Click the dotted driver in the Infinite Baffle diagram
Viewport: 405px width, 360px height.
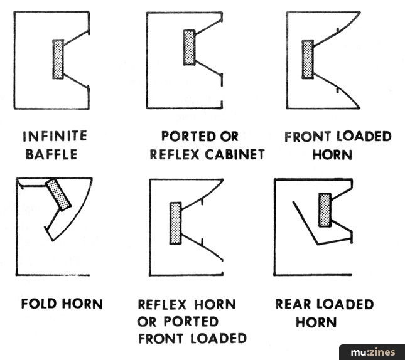pyautogui.click(x=58, y=59)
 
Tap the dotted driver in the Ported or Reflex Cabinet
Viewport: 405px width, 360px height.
pyautogui.click(x=190, y=48)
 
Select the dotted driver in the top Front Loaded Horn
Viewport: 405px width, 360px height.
pyautogui.click(x=308, y=59)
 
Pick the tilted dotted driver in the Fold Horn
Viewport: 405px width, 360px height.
pyautogui.click(x=58, y=195)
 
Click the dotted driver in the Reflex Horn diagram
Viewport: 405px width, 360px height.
pyautogui.click(x=175, y=223)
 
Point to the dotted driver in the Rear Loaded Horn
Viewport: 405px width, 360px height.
pyautogui.click(x=325, y=210)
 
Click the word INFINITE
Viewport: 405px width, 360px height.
pyautogui.click(x=55, y=136)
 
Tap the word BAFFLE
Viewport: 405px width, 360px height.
pyautogui.click(x=51, y=154)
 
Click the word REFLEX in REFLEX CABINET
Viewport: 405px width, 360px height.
pyautogui.click(x=175, y=154)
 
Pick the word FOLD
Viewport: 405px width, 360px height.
pyautogui.click(x=39, y=304)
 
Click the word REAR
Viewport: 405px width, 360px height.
pyautogui.click(x=293, y=304)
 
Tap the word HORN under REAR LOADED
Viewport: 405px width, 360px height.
pyautogui.click(x=316, y=322)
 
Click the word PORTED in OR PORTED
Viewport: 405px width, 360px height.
pyautogui.click(x=191, y=322)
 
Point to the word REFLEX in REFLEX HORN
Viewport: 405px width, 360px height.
pyautogui.click(x=162, y=304)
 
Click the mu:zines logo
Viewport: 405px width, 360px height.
pyautogui.click(x=372, y=352)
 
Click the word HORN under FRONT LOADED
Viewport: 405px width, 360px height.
pyautogui.click(x=332, y=154)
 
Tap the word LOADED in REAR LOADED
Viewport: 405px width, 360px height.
pyautogui.click(x=345, y=304)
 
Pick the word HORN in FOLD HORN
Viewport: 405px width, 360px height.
pyautogui.click(x=83, y=304)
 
